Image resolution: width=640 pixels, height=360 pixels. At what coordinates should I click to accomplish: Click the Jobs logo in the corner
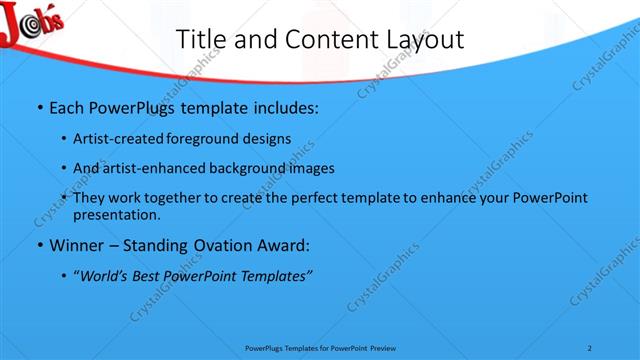[x=31, y=23]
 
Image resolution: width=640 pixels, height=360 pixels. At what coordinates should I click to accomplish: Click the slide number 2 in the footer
[x=591, y=347]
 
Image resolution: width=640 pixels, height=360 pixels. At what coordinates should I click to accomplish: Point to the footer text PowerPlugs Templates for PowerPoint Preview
[x=319, y=347]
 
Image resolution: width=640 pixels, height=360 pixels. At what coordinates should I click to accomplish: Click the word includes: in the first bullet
[x=282, y=106]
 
